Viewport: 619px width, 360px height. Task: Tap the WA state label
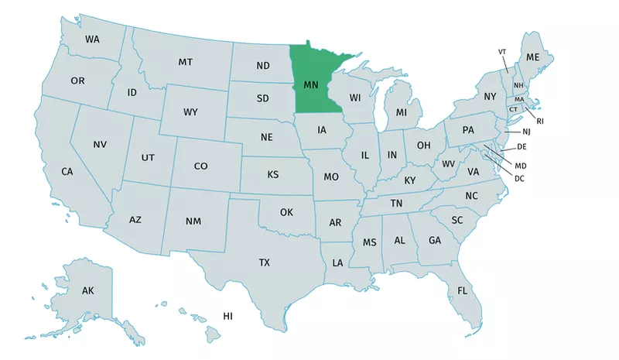point(92,39)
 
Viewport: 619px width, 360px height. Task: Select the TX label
point(265,262)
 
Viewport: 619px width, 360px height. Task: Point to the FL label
point(462,291)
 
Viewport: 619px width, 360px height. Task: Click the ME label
point(532,57)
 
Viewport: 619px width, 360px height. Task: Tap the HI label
point(227,316)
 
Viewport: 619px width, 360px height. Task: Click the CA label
point(67,171)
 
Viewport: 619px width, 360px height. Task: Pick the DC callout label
point(520,179)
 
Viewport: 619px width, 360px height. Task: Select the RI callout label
point(539,121)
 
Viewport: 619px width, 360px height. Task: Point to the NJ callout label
point(527,132)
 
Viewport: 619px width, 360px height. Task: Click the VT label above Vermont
point(502,51)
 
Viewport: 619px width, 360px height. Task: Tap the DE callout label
point(522,146)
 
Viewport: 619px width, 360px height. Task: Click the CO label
point(200,166)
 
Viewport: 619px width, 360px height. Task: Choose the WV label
point(448,164)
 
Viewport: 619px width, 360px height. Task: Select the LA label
point(337,263)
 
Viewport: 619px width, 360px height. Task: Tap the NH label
point(518,85)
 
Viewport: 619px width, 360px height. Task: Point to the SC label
point(457,220)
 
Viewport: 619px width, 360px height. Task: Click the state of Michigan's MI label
point(401,113)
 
